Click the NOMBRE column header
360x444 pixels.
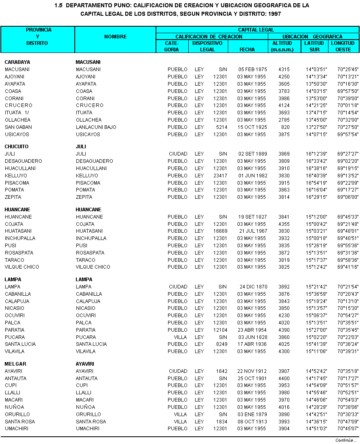pos(115,36)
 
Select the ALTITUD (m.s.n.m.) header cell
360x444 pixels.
pos(284,46)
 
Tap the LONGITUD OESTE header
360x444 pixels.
pos(343,46)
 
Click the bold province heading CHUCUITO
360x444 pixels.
pos(17,147)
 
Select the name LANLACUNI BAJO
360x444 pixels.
pos(96,127)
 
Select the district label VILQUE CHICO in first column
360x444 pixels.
pos(22,267)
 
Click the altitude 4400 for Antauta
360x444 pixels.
pos(284,379)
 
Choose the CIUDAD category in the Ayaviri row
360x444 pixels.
pos(178,371)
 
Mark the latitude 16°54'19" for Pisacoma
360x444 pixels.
pos(316,183)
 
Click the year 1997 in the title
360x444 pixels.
pos(274,14)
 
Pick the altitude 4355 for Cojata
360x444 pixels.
pos(284,224)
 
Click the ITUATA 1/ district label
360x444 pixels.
pos(17,113)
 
